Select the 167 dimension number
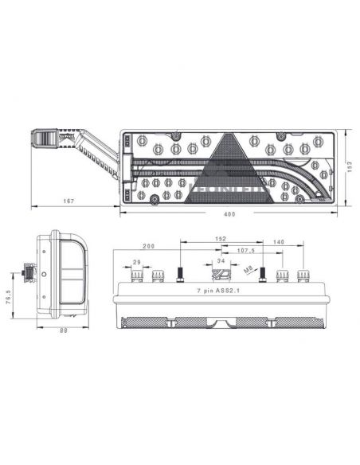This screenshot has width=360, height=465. point(69,201)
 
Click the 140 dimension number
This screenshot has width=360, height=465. point(279,242)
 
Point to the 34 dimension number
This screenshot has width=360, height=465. point(221,261)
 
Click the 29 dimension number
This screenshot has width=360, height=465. point(136,262)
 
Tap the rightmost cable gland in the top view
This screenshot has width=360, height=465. point(303,276)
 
